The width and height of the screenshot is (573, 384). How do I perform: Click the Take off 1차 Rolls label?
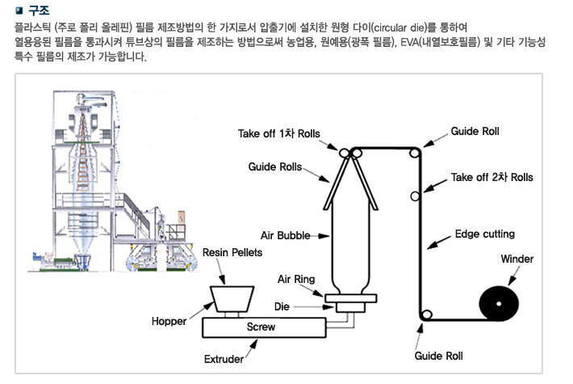279,133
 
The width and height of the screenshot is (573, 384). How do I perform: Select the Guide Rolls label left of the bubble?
274,167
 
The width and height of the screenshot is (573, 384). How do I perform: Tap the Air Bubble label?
286,235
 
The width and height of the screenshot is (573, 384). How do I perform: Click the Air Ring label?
295,280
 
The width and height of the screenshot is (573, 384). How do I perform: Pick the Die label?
282,308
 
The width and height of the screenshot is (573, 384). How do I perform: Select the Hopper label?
169,321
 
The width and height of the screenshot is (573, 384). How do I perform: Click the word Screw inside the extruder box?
261,327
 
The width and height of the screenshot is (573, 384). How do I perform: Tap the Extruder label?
224,358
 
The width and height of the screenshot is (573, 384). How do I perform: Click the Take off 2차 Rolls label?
491,177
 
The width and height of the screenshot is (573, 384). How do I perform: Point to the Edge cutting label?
484,234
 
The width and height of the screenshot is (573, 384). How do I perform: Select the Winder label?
517,260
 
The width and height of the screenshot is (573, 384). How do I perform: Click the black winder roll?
500,304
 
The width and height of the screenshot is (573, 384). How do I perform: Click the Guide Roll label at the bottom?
438,356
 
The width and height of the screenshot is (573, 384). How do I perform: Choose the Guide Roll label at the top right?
475,131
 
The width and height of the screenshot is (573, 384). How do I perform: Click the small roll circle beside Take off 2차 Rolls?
415,196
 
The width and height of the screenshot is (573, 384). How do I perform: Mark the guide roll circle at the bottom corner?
425,315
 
